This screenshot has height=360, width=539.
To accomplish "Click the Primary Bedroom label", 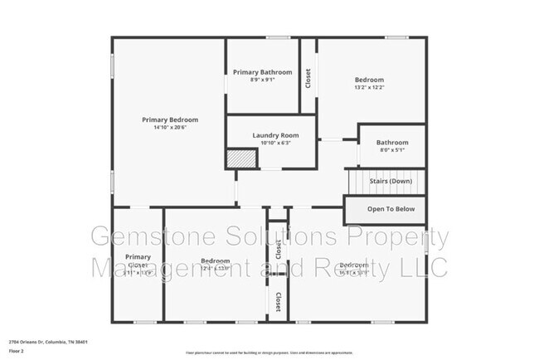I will coord(170,119).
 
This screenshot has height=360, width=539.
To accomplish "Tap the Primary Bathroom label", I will coord(262,72).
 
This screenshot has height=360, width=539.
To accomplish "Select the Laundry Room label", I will coord(271,135).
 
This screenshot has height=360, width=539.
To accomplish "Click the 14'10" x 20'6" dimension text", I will coord(170,127).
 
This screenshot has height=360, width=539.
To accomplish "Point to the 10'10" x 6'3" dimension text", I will coord(271,143).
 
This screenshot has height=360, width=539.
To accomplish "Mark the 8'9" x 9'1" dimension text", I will coord(262,80).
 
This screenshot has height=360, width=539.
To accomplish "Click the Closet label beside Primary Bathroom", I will coord(308,78).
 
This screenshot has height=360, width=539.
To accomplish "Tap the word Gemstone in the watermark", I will coord(144,239).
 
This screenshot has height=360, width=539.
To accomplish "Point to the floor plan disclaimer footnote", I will coord(269,351).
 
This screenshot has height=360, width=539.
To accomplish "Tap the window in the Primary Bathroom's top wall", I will coord(277,36).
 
